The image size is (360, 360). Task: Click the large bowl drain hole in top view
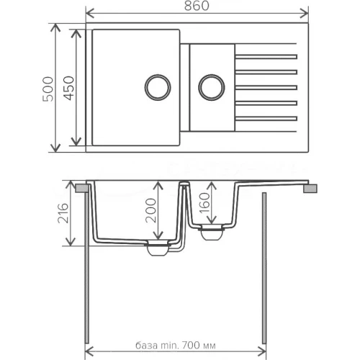pyautogui.click(x=156, y=86)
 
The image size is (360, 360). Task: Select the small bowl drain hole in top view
pyautogui.click(x=210, y=87)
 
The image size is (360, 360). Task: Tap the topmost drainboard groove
pyautogui.click(x=266, y=57)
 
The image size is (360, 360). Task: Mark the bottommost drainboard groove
pyautogui.click(x=266, y=117)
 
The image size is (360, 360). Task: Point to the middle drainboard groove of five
pyautogui.click(x=266, y=86)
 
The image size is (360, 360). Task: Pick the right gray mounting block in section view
pyautogui.click(x=310, y=188)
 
